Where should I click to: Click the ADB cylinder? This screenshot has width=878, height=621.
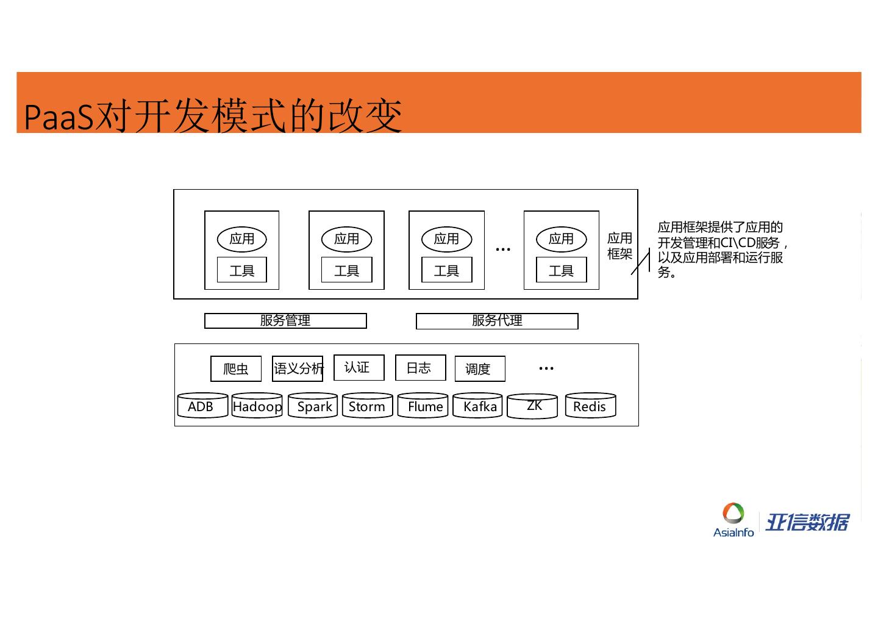(202, 406)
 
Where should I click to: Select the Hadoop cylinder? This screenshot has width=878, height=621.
(257, 406)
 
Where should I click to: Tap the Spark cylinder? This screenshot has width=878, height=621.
(313, 406)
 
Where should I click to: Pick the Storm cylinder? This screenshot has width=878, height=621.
(367, 406)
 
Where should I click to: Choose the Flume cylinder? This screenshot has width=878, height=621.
(423, 406)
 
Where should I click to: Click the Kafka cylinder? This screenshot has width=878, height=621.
(477, 406)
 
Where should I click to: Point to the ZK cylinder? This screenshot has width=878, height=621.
(532, 406)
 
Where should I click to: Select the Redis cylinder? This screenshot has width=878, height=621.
(590, 406)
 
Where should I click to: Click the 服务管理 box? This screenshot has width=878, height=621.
(285, 321)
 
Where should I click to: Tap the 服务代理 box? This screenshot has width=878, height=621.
(497, 321)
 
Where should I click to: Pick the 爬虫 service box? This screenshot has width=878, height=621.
(236, 368)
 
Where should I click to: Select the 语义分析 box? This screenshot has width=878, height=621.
(298, 368)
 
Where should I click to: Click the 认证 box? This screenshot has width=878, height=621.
(359, 367)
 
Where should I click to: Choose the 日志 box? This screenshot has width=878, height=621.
(421, 367)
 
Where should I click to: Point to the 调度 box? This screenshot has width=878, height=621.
(480, 368)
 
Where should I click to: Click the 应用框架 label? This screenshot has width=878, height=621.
(619, 246)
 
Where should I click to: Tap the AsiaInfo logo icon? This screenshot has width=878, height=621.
(733, 514)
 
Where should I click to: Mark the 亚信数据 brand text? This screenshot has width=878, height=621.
(807, 522)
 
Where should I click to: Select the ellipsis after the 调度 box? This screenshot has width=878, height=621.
(546, 368)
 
